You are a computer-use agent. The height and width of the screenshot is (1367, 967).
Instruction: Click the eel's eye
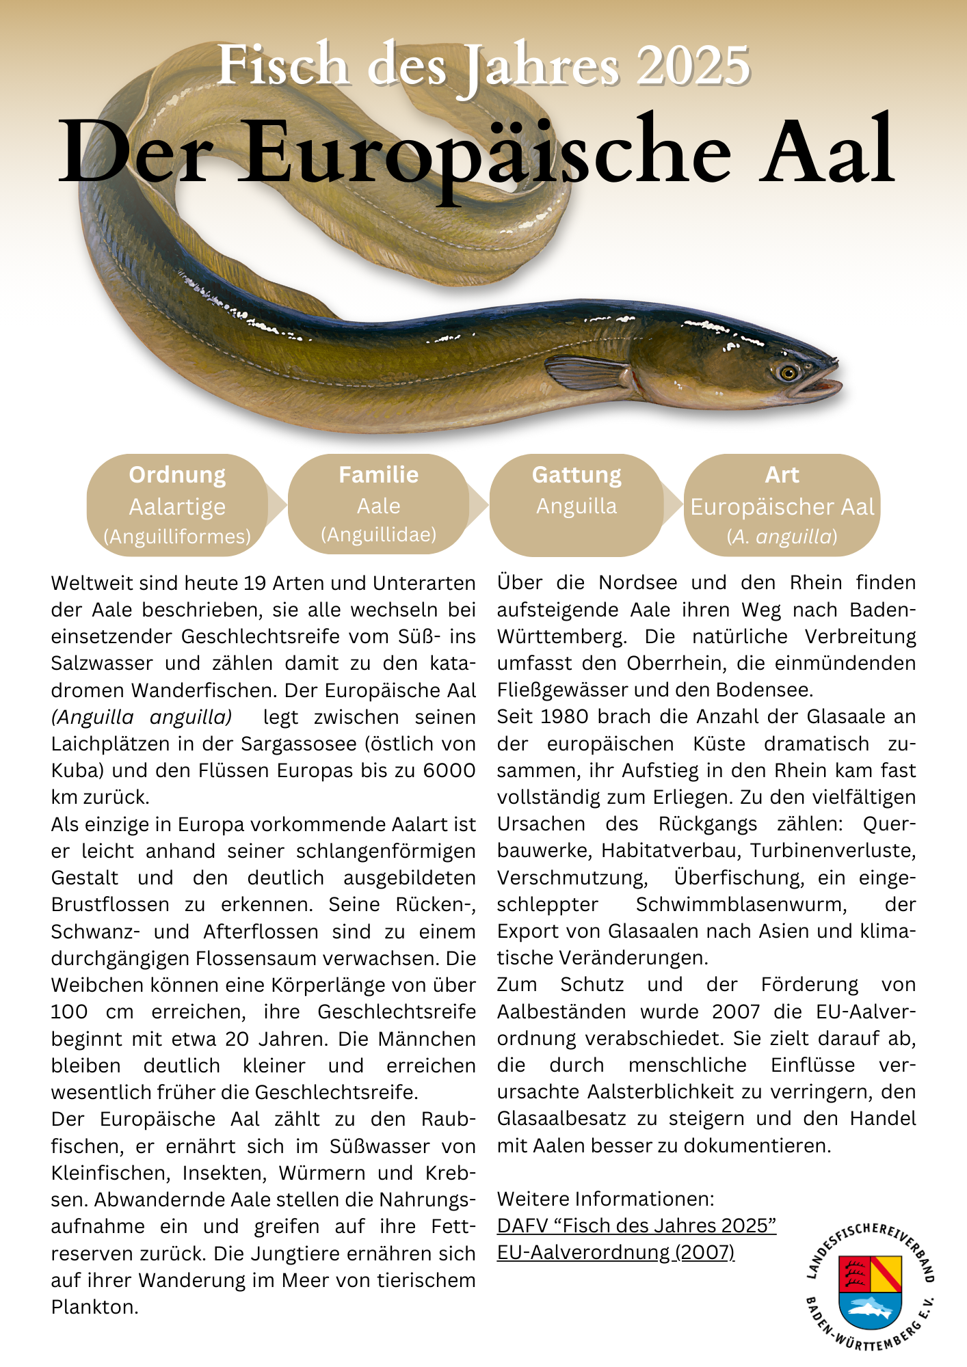788,373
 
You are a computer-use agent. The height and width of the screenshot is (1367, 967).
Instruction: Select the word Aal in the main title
827,152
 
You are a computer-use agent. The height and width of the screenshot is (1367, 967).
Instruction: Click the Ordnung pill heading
177,474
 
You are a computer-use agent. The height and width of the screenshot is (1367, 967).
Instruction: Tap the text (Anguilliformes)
177,537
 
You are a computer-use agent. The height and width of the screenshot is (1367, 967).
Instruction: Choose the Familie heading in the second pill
378,474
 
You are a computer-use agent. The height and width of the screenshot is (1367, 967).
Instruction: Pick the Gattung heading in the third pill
577,474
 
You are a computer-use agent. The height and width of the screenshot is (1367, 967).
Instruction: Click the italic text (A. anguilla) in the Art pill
782,537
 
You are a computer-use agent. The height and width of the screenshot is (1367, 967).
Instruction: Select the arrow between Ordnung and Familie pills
276,505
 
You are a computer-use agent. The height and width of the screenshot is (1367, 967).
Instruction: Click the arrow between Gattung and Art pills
673,505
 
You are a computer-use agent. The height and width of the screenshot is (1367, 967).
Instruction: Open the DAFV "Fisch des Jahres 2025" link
636,1226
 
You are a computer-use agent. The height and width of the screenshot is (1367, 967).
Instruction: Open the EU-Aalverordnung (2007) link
615,1252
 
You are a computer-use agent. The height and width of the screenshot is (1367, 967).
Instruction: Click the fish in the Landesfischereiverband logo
870,1308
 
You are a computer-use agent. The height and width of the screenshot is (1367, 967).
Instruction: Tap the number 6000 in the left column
449,770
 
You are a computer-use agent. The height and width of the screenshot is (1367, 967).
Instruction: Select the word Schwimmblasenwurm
741,904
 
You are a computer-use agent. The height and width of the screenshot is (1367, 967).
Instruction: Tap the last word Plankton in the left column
94,1307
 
